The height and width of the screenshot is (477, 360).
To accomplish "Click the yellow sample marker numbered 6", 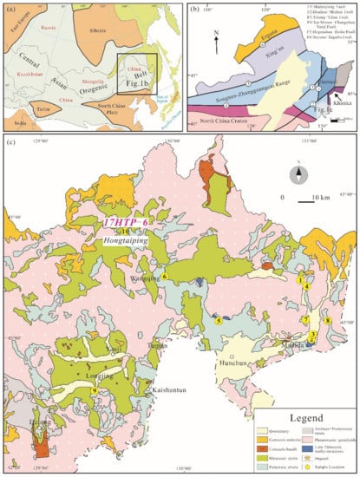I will tap(165, 277).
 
